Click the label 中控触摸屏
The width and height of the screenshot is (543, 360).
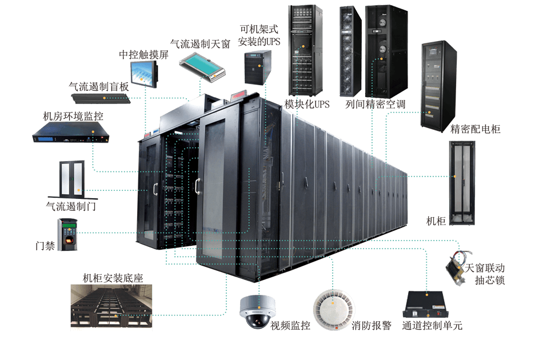(x=143, y=55)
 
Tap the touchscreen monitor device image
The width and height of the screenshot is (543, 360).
(x=143, y=73)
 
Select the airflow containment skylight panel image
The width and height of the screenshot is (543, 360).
(x=202, y=66)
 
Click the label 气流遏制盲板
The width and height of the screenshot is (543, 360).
(x=99, y=86)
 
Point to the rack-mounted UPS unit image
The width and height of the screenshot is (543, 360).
(x=257, y=67)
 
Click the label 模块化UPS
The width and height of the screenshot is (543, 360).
(x=306, y=105)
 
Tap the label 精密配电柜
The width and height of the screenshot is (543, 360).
(x=475, y=129)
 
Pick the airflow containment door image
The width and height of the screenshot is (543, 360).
(x=71, y=178)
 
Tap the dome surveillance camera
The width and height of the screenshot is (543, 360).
(x=254, y=311)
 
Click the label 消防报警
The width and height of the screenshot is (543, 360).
(x=372, y=326)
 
